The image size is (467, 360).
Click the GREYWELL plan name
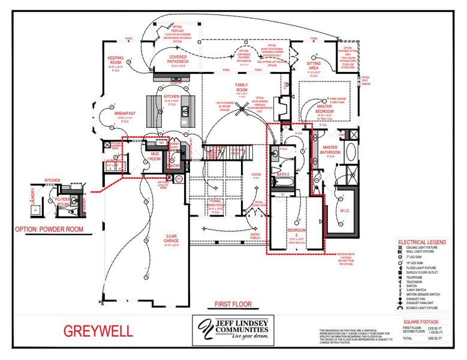point(98,331)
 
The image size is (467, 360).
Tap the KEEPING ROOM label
point(115,59)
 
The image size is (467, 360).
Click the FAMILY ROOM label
point(242,86)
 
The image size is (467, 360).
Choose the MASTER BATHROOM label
point(330,150)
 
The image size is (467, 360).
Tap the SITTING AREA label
point(314,65)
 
